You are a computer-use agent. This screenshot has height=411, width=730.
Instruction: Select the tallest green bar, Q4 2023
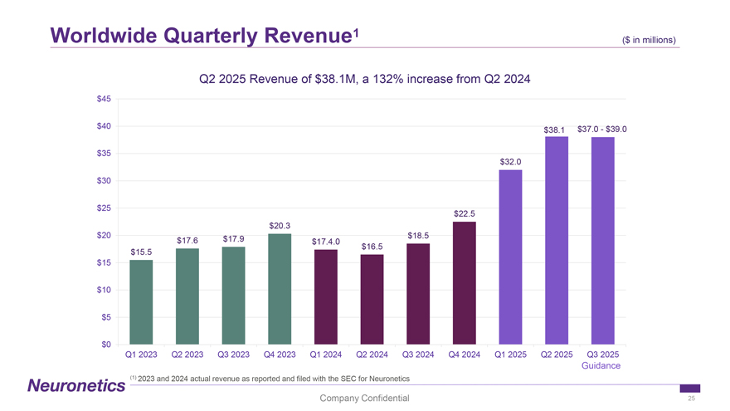pyautogui.click(x=280, y=289)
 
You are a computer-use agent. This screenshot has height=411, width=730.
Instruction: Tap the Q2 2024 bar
pyautogui.click(x=372, y=300)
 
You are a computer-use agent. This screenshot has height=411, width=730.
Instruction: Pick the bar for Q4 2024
pyautogui.click(x=465, y=283)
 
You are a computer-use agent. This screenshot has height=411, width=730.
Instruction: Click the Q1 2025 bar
pyautogui.click(x=511, y=257)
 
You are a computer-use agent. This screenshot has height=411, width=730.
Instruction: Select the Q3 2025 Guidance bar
pyautogui.click(x=603, y=241)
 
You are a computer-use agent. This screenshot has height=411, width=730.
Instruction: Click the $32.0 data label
pyautogui.click(x=511, y=162)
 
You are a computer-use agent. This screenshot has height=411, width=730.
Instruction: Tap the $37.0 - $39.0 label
pyautogui.click(x=602, y=129)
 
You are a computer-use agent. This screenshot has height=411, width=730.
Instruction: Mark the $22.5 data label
pyautogui.click(x=465, y=214)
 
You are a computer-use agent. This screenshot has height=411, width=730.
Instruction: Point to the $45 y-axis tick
pyautogui.click(x=104, y=99)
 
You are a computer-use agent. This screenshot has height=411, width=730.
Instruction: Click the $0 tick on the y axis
pyautogui.click(x=106, y=345)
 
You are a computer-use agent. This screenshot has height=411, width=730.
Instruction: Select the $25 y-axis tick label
pyautogui.click(x=104, y=208)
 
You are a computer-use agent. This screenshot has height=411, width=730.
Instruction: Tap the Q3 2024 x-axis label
pyautogui.click(x=418, y=355)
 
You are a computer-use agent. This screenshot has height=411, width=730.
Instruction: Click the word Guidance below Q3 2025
pyautogui.click(x=601, y=366)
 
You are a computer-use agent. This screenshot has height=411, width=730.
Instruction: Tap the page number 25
pyautogui.click(x=691, y=399)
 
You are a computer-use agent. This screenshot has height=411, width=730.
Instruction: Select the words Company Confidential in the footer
pyautogui.click(x=364, y=399)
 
